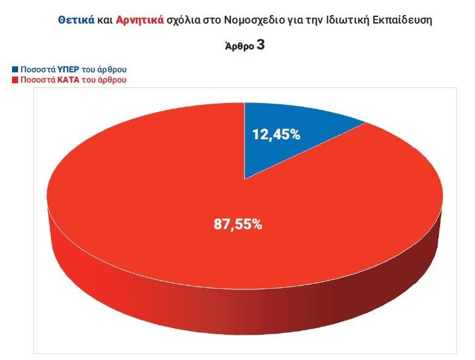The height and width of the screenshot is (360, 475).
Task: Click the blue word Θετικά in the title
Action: [76, 20]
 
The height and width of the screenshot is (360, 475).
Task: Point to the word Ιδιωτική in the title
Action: [348, 20]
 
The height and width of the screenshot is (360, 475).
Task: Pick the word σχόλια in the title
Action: [189, 20]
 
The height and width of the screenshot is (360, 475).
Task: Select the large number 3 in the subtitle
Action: [260, 45]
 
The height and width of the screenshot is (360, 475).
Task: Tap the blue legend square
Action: [14, 69]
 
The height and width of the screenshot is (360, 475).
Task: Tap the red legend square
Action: [14, 79]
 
